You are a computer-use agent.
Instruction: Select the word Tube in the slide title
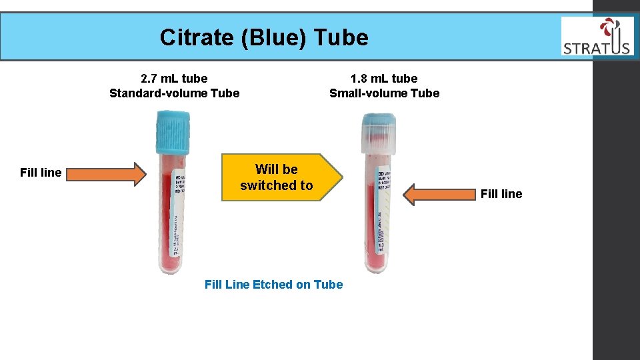(341, 37)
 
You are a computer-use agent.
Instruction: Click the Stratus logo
(597, 37)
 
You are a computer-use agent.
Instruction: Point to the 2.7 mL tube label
(174, 79)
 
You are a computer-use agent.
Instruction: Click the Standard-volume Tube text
(174, 93)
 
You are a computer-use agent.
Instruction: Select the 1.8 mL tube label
(384, 79)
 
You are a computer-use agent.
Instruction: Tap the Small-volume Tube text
(384, 93)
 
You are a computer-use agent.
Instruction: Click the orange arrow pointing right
(107, 173)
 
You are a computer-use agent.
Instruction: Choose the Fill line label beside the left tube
(41, 173)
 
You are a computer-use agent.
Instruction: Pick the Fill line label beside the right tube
(501, 194)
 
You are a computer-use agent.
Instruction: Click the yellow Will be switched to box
(280, 177)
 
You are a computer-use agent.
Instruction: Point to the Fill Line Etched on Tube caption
(273, 285)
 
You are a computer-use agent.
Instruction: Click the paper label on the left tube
(177, 213)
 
